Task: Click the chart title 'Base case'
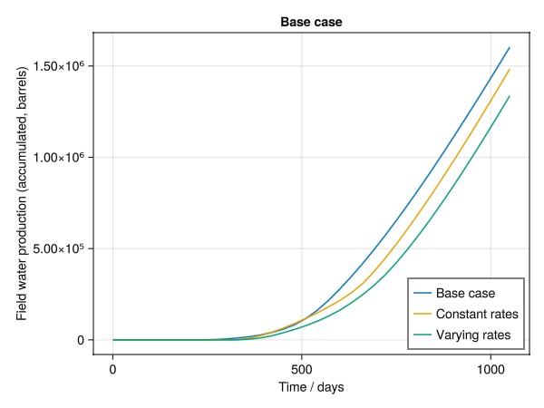pos(311,21)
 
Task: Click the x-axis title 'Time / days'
pos(311,387)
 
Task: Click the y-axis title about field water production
pos(22,193)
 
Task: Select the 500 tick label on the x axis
pos(301,369)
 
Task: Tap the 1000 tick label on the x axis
pos(490,369)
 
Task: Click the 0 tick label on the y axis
pos(81,340)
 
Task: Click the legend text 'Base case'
pos(464,294)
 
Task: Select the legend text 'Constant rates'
pos(477,315)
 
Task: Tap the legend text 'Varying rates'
pos(473,335)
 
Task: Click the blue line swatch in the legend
pos(422,294)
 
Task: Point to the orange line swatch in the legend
pos(422,315)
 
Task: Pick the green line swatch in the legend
pos(422,335)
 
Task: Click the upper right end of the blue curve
pos(510,47)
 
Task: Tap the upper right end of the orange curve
pos(510,70)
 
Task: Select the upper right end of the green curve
pos(510,96)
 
